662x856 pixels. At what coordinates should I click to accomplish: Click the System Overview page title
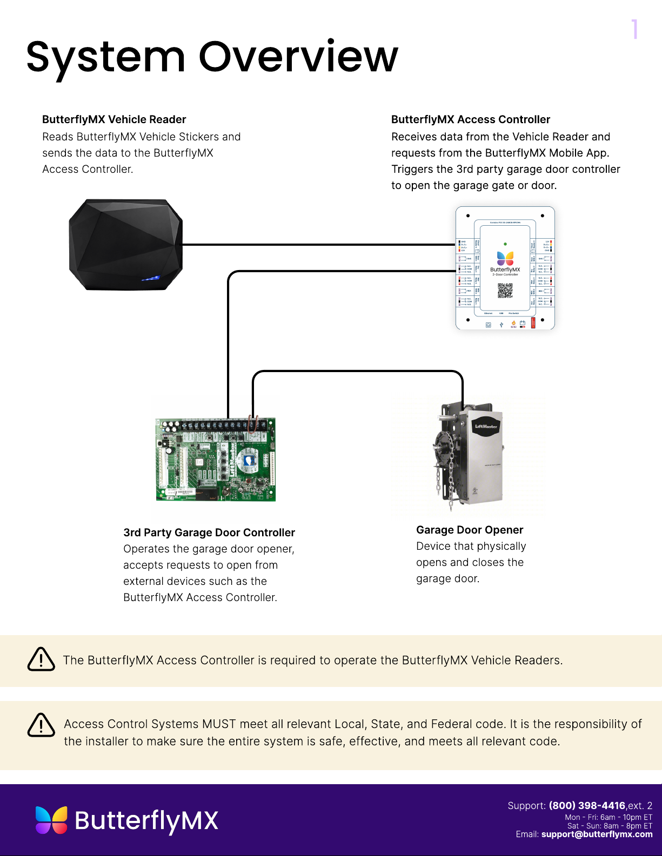(212, 57)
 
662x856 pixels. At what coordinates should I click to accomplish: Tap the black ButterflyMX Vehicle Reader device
(125, 245)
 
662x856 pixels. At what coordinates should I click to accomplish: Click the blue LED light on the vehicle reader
(151, 278)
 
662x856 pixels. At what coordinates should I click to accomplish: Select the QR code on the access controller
(505, 291)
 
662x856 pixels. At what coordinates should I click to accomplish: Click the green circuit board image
(216, 460)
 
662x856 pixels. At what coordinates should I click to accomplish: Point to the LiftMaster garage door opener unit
(476, 454)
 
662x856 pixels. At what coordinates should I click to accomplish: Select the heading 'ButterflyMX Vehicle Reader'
(114, 119)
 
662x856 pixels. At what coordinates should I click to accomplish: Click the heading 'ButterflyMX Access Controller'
(471, 119)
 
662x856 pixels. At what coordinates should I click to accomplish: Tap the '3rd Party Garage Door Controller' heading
(209, 533)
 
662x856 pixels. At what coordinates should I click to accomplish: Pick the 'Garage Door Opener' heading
(470, 530)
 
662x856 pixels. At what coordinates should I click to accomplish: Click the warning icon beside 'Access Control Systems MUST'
(41, 725)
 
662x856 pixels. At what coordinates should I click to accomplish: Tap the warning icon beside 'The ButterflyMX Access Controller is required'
(41, 659)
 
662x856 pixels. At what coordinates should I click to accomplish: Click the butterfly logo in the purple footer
(52, 820)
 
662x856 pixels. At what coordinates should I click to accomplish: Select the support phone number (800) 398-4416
(587, 805)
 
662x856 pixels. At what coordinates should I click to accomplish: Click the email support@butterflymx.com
(597, 834)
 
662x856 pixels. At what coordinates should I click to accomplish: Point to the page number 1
(635, 29)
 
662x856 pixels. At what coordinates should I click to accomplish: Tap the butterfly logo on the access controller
(505, 258)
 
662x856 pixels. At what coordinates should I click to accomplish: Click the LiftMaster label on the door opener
(486, 427)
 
